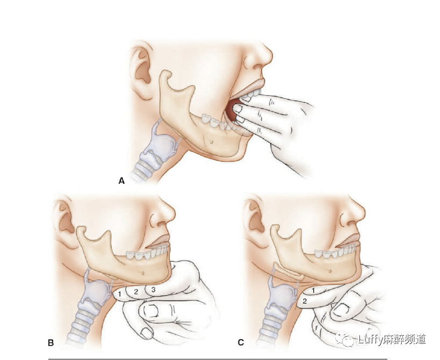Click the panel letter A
pyautogui.click(x=121, y=181)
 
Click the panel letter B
pyautogui.click(x=51, y=342)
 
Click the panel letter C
pyautogui.click(x=241, y=342)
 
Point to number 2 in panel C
pyautogui.click(x=305, y=301)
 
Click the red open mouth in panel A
pyautogui.click(x=233, y=110)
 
